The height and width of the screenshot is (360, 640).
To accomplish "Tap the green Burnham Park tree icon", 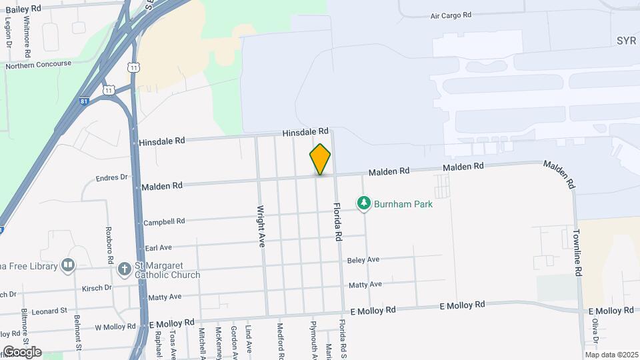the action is pos(363,203).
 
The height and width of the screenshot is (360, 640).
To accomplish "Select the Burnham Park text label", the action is pos(403,204).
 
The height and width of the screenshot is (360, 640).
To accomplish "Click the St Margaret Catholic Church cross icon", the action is pos(123,269).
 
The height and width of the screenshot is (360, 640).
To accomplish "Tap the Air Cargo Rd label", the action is pos(451,15).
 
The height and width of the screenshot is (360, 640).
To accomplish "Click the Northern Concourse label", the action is pos(38,64).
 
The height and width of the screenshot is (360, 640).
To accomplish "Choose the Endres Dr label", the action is pos(111,178).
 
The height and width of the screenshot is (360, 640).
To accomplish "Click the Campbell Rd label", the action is pos(163,221).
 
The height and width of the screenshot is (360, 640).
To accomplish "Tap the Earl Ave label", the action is pos(159,247).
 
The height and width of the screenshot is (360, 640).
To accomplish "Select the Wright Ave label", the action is pos(261,227).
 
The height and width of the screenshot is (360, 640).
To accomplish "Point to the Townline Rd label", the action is pos(577,253).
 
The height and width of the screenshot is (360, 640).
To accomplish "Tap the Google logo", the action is pos(22,352).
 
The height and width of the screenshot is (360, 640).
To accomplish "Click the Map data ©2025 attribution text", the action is pos(611,355).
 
